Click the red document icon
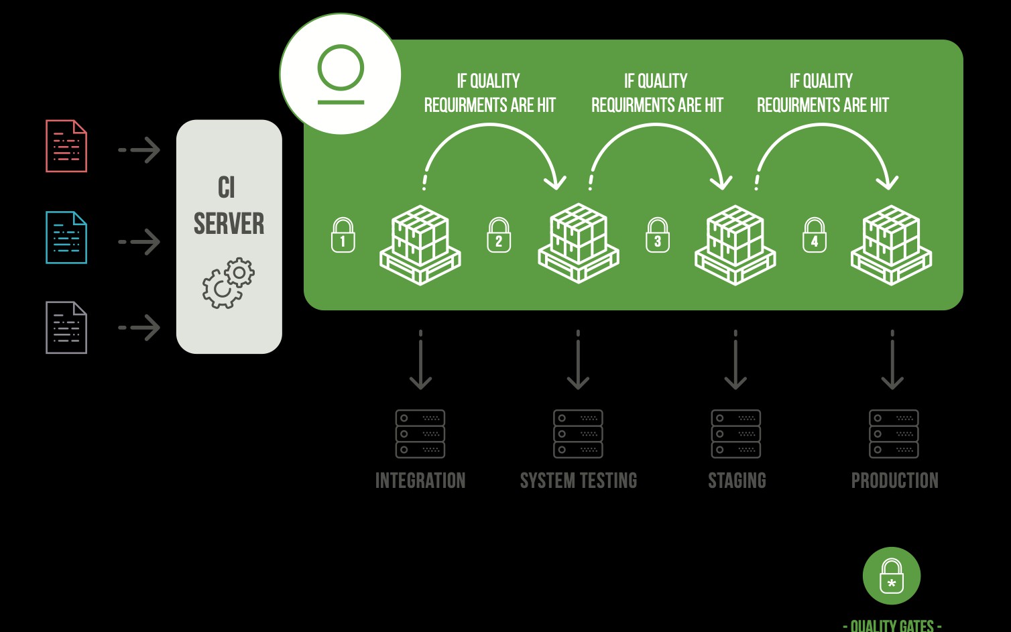pyautogui.click(x=66, y=146)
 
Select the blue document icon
pyautogui.click(x=66, y=237)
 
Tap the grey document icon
pyautogui.click(x=66, y=328)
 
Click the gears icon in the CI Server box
pyautogui.click(x=229, y=283)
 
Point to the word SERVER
pyautogui.click(x=229, y=224)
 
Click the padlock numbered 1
pyautogui.click(x=343, y=235)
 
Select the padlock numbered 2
pyautogui.click(x=499, y=235)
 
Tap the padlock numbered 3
pyautogui.click(x=658, y=235)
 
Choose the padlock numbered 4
pyautogui.click(x=815, y=235)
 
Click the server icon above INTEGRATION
pyautogui.click(x=420, y=434)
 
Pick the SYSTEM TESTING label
pyautogui.click(x=579, y=481)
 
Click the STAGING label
pyautogui.click(x=737, y=481)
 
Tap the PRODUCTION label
pyautogui.click(x=894, y=481)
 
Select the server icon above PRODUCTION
pyautogui.click(x=894, y=434)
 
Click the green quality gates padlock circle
pyautogui.click(x=892, y=576)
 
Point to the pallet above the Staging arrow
pyautogui.click(x=735, y=245)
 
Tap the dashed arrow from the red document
pyautogui.click(x=139, y=150)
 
